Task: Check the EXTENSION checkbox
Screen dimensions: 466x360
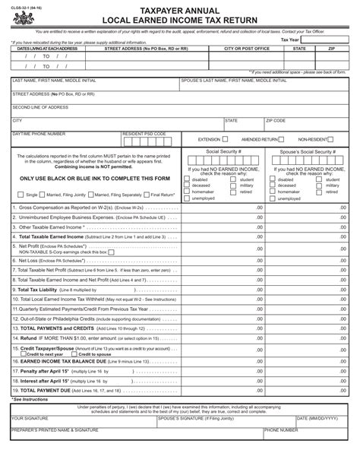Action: tap(226, 140)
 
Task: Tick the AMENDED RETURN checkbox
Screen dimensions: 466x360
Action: tap(282, 140)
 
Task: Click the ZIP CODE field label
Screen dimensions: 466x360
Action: tap(276, 120)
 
